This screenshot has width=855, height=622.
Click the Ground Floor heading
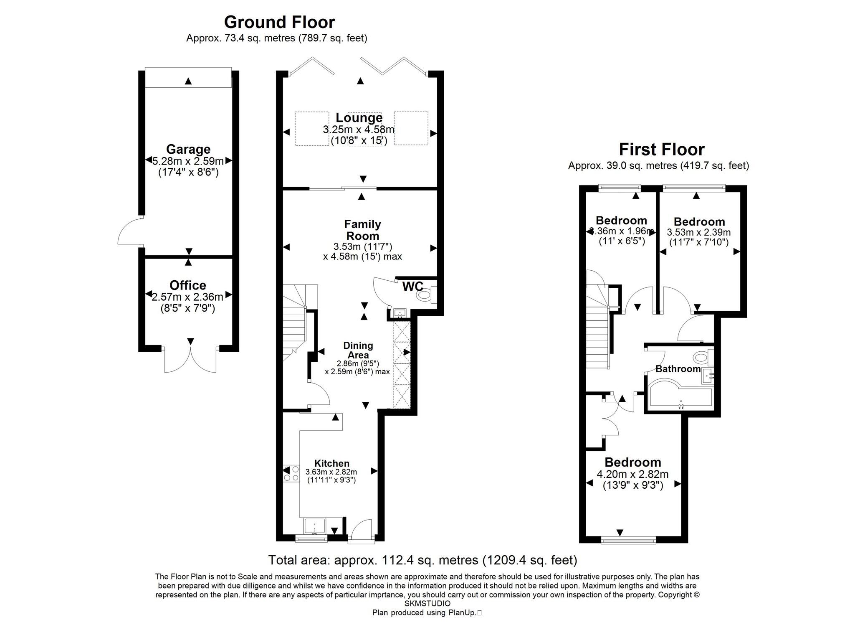(279, 22)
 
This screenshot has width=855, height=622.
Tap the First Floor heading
(661, 149)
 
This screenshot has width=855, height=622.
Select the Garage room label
(188, 149)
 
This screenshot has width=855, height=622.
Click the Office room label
(187, 285)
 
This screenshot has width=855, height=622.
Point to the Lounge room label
(359, 118)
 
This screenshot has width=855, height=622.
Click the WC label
(412, 287)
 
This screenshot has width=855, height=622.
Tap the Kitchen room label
(331, 463)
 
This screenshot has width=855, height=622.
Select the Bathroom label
(678, 369)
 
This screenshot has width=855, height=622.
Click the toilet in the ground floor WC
(425, 295)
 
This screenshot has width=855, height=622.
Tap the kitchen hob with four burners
(291, 473)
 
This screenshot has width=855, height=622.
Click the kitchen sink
(313, 526)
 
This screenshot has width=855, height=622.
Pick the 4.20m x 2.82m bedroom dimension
(632, 474)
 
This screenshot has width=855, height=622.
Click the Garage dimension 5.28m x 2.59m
(188, 160)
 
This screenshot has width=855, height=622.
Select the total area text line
(422, 560)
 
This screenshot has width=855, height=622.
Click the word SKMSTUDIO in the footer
(427, 604)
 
